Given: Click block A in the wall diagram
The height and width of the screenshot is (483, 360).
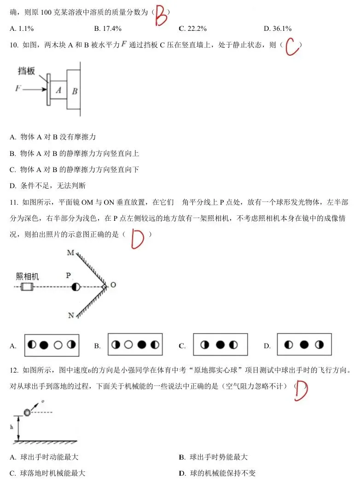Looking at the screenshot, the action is tap(58, 90).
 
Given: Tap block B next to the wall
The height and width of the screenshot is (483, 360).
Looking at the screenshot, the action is tap(74, 89).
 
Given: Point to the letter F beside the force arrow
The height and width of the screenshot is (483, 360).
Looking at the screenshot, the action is tap(18, 88).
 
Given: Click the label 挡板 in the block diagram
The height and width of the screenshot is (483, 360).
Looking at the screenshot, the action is tap(26, 71).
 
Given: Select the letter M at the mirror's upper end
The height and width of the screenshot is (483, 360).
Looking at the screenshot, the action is tap(70, 253).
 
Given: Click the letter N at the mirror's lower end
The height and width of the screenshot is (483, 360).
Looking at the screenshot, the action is tap(71, 316).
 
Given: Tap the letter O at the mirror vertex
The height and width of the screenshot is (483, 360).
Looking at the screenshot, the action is tap(113, 285).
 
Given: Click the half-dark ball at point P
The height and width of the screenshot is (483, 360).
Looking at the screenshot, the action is tap(75, 287).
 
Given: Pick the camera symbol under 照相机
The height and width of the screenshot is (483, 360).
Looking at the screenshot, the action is tap(27, 287).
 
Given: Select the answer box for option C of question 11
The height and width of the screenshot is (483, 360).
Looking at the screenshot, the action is tap(221, 345).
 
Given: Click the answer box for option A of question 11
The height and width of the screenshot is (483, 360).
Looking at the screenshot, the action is tap(52, 345).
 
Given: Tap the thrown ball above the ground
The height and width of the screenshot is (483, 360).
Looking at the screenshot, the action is tap(28, 412).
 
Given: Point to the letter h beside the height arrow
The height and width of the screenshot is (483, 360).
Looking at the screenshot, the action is tap(12, 427).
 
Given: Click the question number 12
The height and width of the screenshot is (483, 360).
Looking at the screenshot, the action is tap(14, 370).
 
